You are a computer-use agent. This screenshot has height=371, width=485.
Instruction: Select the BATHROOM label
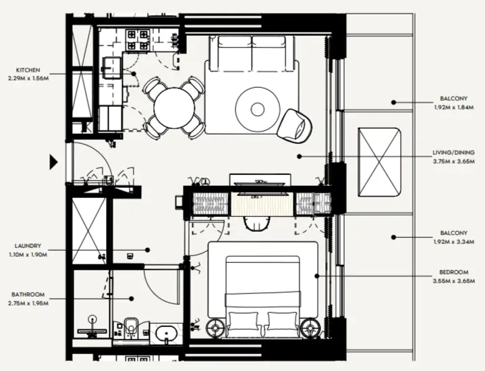pos(28,295)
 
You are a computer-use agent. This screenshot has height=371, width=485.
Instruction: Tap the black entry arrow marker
pos(54,162)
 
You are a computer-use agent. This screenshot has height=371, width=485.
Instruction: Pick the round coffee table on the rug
pos(258,108)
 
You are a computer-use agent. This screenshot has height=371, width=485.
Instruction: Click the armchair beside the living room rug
pos(295,124)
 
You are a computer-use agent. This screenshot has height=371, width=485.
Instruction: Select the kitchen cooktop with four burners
pos(137,40)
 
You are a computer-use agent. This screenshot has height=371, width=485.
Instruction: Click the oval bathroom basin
pos(166,333)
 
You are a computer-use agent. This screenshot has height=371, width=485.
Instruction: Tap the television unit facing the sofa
pos(260,182)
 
